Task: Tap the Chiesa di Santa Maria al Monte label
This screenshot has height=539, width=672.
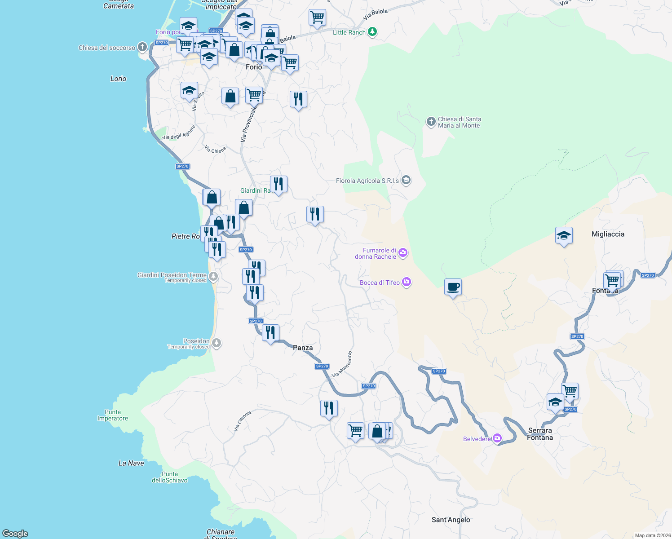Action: (x=459, y=122)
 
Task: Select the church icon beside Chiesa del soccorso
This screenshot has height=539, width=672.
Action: (x=142, y=47)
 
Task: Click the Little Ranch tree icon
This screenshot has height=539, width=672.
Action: (x=372, y=32)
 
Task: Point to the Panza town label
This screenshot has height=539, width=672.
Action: (x=303, y=348)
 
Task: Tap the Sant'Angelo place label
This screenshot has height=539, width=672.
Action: (x=451, y=520)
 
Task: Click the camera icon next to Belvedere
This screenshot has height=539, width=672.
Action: (x=497, y=438)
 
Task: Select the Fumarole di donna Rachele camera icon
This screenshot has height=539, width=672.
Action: (x=403, y=253)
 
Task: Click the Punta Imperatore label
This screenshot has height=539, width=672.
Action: (x=113, y=415)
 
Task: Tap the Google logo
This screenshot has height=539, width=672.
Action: (x=15, y=534)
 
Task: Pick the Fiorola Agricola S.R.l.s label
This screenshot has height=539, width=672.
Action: (x=367, y=181)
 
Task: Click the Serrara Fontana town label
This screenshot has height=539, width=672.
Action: (x=540, y=434)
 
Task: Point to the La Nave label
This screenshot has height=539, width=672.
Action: (x=131, y=463)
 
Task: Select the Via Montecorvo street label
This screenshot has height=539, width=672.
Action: (x=342, y=364)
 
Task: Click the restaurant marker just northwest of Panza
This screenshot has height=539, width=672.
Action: (x=270, y=333)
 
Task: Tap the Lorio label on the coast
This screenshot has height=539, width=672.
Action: (x=118, y=79)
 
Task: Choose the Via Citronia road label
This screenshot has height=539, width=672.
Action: (x=242, y=421)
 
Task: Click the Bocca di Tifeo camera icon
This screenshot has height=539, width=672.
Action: (x=407, y=282)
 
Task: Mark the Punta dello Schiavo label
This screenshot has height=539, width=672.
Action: (x=170, y=477)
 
